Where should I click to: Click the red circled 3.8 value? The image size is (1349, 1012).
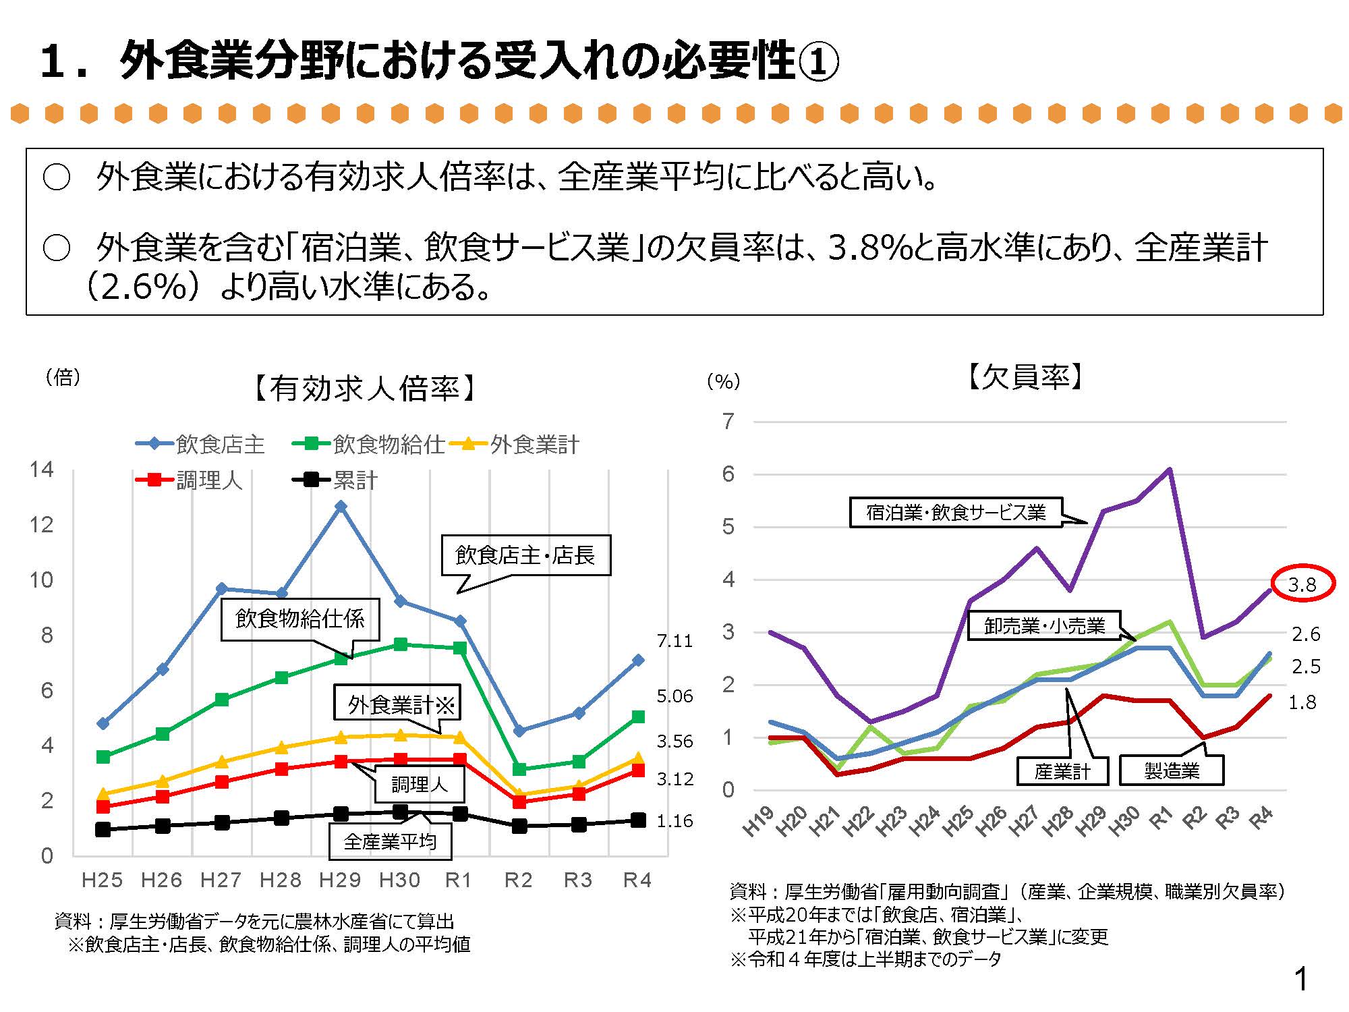[1302, 584]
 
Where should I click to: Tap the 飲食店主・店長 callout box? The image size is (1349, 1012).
[525, 555]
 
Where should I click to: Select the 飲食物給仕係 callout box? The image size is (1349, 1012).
[300, 619]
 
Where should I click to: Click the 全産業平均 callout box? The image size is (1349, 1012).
[390, 841]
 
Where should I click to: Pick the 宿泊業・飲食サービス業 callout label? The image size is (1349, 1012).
[956, 513]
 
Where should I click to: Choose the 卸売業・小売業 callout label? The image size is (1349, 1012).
[1044, 626]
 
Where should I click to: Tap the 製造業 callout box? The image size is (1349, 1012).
[1172, 770]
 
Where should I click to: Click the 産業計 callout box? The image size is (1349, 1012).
[1062, 770]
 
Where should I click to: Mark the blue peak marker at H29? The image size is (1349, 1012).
[341, 506]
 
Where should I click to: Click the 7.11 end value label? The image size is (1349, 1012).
[674, 641]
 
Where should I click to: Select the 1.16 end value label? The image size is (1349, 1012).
[674, 821]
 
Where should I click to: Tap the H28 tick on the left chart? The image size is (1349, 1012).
[281, 880]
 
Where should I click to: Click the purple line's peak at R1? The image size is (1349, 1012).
[1170, 470]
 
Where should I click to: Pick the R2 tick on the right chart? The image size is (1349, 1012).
[1195, 818]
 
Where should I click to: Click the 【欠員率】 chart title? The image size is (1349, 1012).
[1025, 377]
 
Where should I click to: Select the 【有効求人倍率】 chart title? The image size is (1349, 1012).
[365, 389]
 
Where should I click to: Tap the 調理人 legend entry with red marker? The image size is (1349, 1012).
[190, 480]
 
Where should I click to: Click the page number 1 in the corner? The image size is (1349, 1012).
[1301, 980]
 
